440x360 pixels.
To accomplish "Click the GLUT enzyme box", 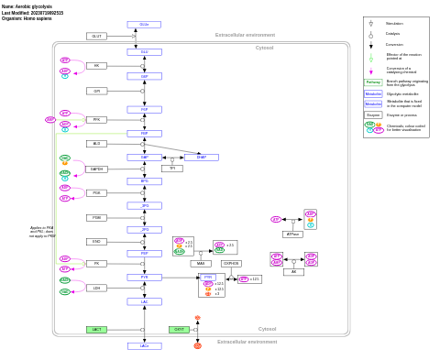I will click(96, 37).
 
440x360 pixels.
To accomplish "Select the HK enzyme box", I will click(96, 66).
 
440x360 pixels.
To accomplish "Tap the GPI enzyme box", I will click(96, 91).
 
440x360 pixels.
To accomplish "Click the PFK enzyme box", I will click(96, 119).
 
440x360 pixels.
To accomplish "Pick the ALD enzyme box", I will click(96, 144).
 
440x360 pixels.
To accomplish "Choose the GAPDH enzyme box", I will click(96, 169).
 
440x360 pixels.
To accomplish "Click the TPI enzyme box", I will click(171, 169).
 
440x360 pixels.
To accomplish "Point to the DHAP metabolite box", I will click(202, 158).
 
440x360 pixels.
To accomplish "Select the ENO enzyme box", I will click(96, 242).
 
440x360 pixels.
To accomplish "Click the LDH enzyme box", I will click(96, 288).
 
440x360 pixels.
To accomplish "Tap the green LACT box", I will click(96, 330).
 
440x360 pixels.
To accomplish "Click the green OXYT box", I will click(179, 330).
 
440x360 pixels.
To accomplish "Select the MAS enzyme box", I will click(201, 264).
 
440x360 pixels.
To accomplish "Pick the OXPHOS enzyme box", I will click(231, 264).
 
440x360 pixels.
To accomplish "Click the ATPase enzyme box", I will click(292, 235).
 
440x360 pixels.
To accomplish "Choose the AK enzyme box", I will click(293, 272).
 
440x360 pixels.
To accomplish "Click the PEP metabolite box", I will click(144, 254).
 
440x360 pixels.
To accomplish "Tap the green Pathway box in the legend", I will click(373, 82).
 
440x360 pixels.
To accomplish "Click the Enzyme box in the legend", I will click(373, 115).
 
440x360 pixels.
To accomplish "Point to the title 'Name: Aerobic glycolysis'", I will click(27, 6).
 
